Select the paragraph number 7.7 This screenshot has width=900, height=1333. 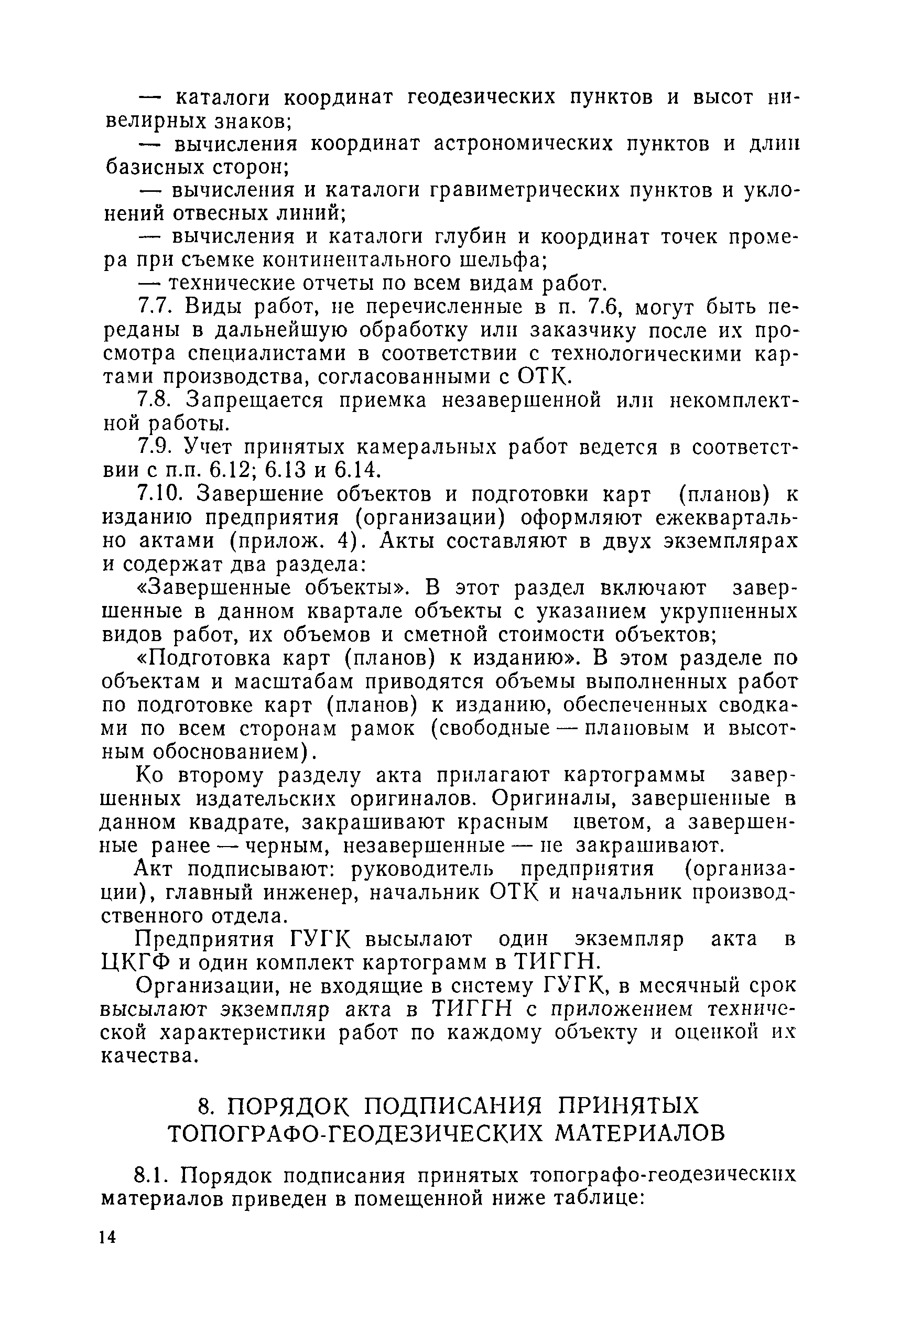pyautogui.click(x=154, y=308)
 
